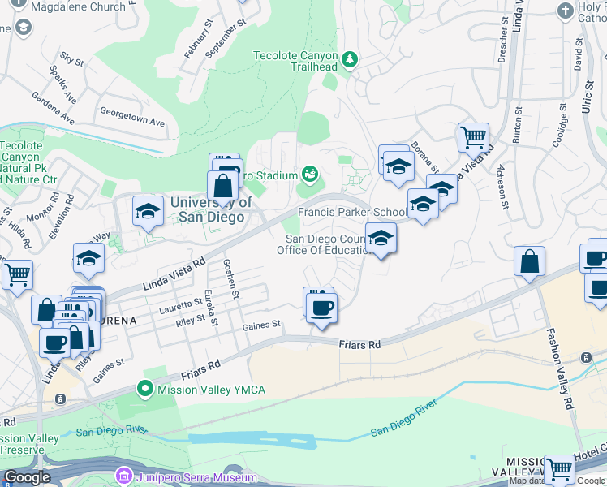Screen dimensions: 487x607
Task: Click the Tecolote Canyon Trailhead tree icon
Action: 350,58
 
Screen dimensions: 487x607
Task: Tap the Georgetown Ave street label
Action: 131,116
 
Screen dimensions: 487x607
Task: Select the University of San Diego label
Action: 210,209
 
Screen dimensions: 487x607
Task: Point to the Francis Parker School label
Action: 352,213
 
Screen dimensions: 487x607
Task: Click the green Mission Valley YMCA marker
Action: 146,390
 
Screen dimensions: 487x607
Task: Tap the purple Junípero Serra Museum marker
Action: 123,475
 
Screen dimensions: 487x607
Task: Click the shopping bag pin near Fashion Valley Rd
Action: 529,261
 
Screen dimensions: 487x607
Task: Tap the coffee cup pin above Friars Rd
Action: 321,308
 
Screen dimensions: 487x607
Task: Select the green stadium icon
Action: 309,173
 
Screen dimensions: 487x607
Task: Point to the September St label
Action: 226,37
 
